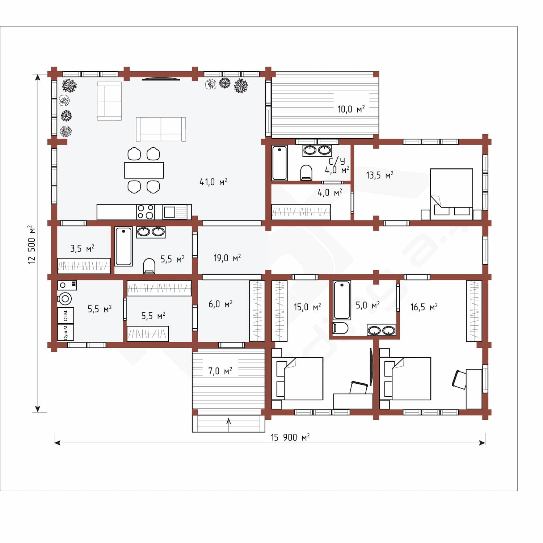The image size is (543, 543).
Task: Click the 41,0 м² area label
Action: tap(213, 182)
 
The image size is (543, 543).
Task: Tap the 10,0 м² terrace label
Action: tap(351, 109)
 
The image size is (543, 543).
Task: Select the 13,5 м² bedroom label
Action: tap(379, 176)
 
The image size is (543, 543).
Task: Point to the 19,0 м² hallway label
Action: tap(227, 258)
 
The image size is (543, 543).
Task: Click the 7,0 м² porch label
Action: tap(220, 371)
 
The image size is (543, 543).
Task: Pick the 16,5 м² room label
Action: tap(424, 307)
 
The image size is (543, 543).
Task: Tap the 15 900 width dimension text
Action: tap(290, 437)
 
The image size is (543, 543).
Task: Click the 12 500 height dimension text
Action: tap(32, 244)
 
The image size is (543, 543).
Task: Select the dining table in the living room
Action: tap(144, 170)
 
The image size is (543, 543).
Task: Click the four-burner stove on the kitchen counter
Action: tap(146, 212)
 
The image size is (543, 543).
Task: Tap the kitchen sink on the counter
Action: tap(169, 212)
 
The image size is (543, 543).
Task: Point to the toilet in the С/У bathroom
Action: tap(306, 173)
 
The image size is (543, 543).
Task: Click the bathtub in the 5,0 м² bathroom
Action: tap(342, 300)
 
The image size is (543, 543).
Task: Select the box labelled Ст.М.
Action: tap(66, 315)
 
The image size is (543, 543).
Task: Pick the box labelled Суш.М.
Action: tap(66, 332)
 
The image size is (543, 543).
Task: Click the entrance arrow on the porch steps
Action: tap(228, 425)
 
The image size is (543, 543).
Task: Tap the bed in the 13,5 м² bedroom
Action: tap(451, 194)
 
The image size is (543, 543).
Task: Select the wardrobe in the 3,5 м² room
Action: tap(84, 266)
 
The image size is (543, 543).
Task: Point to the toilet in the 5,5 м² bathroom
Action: tap(149, 266)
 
